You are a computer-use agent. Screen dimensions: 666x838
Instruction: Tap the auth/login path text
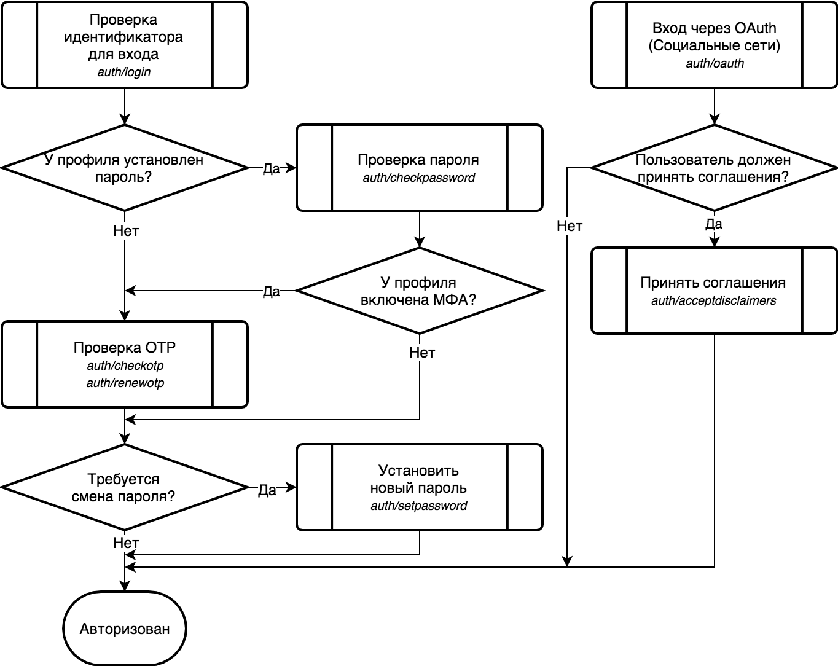124,72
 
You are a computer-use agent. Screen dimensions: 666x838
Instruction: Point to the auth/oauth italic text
715,63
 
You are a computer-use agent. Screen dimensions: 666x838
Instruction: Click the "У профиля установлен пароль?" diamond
124,168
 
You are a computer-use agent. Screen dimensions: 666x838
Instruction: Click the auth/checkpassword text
418,178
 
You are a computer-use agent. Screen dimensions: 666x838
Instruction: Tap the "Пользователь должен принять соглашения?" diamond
713,168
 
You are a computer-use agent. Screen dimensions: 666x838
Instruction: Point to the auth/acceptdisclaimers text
713,301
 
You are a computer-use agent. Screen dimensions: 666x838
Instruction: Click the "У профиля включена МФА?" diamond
418,291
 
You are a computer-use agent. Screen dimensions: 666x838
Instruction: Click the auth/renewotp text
125,383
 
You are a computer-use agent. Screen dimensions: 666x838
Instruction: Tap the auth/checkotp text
125,366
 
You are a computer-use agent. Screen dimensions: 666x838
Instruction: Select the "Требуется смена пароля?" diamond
124,488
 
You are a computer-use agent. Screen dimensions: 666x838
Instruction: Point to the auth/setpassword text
418,506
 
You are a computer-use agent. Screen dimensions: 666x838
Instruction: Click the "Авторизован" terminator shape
124,629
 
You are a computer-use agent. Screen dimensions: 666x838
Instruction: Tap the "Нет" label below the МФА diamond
422,353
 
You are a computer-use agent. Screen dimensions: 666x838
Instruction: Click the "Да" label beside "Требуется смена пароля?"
267,490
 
